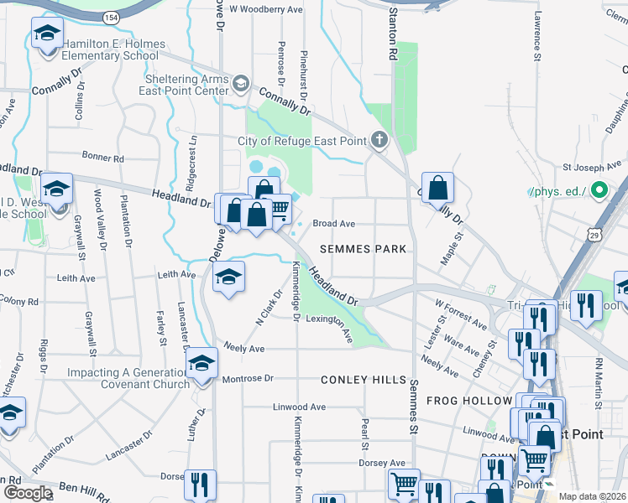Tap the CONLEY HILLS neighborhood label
[364, 380]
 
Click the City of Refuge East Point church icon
[379, 140]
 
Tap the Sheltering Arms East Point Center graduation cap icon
[242, 82]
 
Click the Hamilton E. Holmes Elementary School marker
[47, 35]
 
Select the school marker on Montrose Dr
[201, 363]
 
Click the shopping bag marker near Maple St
[438, 189]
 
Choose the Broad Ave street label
[333, 224]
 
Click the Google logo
[27, 493]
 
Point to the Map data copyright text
[591, 496]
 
